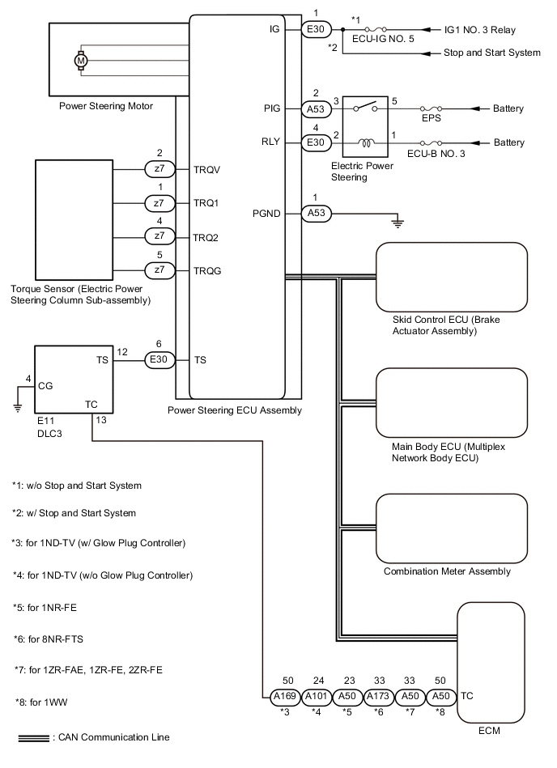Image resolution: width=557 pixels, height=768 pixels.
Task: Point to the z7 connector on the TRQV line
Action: (159, 170)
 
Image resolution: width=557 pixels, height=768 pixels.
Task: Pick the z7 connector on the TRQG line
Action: (159, 269)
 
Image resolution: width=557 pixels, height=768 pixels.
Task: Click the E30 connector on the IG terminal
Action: (316, 30)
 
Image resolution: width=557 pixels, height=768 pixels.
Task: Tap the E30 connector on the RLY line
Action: (316, 142)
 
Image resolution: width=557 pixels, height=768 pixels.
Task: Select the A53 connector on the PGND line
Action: (316, 214)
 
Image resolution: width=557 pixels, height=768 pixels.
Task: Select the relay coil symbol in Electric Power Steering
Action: (367, 142)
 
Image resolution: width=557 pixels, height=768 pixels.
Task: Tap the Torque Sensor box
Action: (74, 219)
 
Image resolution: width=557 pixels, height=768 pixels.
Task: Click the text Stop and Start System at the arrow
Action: (491, 53)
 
